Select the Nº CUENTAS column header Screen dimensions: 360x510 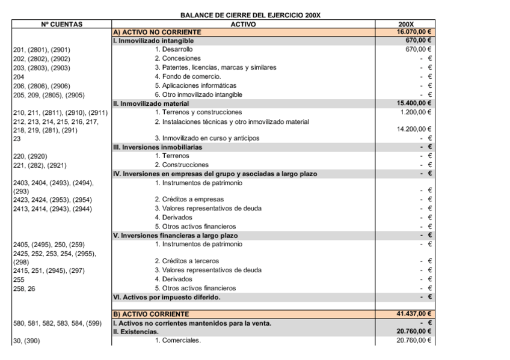62,23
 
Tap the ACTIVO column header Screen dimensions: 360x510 251,23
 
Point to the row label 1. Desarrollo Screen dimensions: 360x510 174,49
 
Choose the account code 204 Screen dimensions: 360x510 19,76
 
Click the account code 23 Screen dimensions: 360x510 17,139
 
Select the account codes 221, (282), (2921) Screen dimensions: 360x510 38,165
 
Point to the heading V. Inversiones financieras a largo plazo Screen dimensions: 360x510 179,235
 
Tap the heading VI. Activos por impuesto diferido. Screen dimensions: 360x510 167,297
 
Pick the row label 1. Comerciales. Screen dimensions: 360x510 177,341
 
